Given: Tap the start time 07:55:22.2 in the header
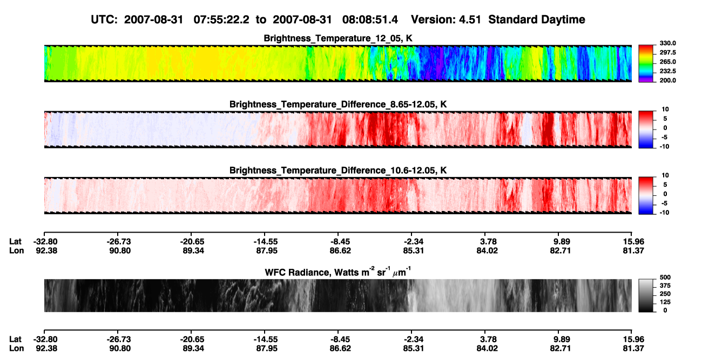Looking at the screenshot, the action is [221, 19].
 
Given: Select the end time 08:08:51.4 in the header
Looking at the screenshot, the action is [370, 19].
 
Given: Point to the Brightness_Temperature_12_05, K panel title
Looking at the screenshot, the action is [338, 38].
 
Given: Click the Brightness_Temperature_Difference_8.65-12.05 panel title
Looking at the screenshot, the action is [338, 104].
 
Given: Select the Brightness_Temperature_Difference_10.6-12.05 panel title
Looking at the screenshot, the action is [338, 171].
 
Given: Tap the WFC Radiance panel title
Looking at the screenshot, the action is [338, 271].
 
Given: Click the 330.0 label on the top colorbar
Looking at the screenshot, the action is [667, 43].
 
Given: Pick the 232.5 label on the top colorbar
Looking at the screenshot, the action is [667, 71].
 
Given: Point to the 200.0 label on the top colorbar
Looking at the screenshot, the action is [667, 80].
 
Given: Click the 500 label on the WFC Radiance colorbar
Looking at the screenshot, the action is [665, 277].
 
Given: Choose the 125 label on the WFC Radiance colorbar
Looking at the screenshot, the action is [665, 302].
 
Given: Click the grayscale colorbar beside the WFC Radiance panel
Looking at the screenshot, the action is [646, 295].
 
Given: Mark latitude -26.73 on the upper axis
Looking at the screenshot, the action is [119, 242].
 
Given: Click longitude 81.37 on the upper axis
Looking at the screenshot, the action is [633, 250].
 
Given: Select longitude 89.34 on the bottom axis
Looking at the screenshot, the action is [193, 349].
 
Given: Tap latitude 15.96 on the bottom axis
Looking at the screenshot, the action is [633, 339].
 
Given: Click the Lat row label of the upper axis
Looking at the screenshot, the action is [15, 242].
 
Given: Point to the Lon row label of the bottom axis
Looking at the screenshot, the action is [16, 349].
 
